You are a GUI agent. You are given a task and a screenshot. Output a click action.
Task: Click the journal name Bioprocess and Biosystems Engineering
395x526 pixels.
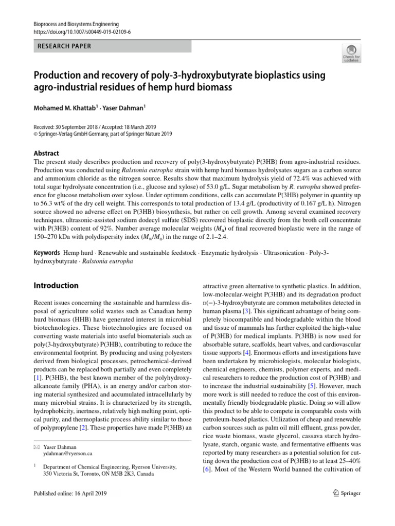76,24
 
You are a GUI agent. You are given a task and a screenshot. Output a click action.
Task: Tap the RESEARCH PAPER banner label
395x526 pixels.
64,46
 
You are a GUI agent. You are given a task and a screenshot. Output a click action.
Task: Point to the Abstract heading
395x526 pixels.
46,153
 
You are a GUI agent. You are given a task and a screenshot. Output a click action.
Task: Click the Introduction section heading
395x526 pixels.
56,286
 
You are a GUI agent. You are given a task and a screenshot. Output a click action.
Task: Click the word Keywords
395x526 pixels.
46,253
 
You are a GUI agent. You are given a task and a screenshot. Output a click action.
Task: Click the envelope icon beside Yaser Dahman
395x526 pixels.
36,446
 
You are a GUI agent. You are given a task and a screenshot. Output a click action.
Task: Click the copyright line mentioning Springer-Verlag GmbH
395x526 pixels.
103,134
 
